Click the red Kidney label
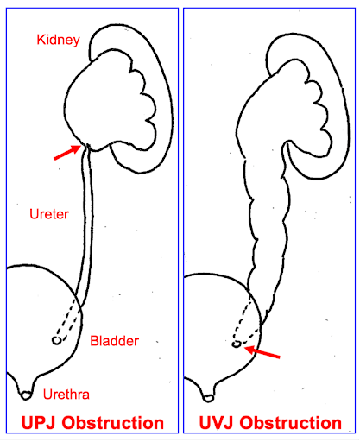tap(58, 40)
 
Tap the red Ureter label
tap(49, 214)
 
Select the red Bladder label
tap(114, 341)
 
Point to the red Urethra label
tap(66, 395)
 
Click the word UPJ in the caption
tap(40, 423)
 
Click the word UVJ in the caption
tap(217, 423)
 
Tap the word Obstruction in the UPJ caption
tap(113, 423)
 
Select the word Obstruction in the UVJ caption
tap(291, 423)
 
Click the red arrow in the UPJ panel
tap(67, 152)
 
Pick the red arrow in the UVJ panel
tap(262, 352)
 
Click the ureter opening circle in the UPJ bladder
tap(57, 341)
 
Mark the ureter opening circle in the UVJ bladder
tap(237, 344)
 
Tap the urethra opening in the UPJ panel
tap(26, 395)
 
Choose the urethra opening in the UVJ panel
tap(208, 398)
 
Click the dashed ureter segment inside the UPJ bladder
tap(68, 320)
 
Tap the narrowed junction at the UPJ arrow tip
tap(86, 148)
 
